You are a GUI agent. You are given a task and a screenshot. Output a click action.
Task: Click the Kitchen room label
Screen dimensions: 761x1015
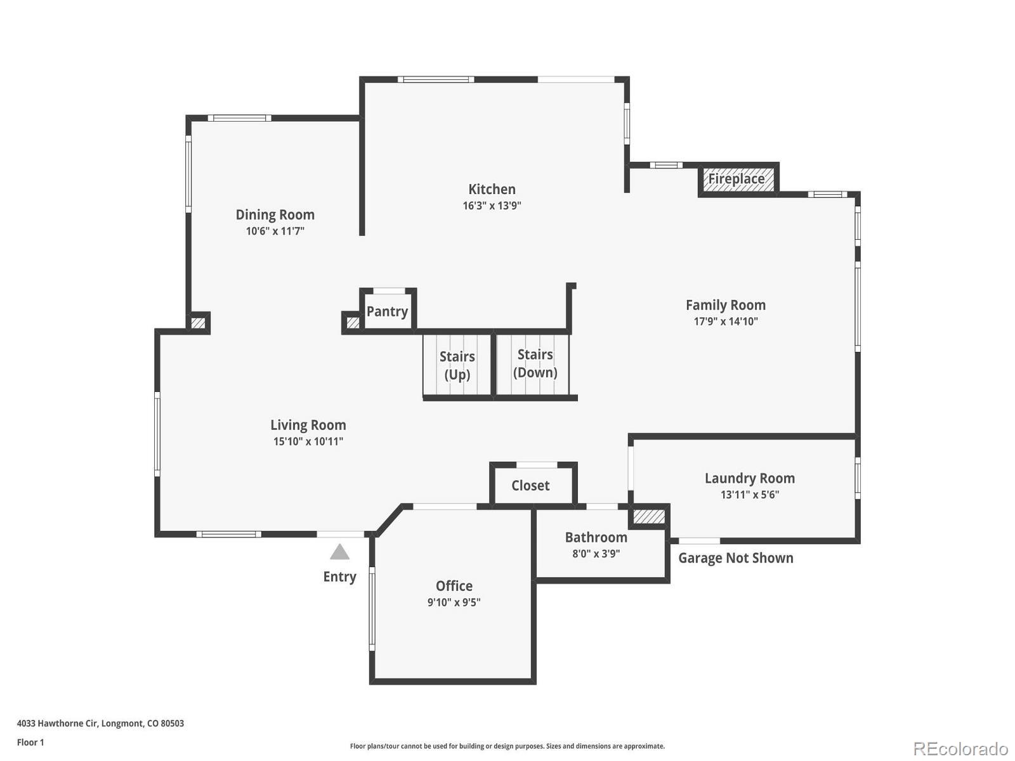click(492, 189)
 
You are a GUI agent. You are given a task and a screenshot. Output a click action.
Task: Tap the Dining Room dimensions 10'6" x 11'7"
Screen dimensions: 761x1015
click(275, 231)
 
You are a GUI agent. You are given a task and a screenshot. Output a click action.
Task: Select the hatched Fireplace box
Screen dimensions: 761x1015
click(738, 179)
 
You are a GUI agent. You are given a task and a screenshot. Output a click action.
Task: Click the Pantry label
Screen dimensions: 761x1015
click(387, 311)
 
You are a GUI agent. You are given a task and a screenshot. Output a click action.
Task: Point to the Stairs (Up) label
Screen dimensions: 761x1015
click(457, 365)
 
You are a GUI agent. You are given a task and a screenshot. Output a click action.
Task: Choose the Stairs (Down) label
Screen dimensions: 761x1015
click(535, 363)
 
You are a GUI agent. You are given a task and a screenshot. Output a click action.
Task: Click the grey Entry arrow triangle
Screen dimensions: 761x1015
click(340, 552)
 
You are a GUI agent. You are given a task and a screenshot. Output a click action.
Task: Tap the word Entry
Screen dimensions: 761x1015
click(339, 576)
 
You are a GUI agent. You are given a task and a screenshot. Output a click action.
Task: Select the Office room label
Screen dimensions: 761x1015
click(454, 586)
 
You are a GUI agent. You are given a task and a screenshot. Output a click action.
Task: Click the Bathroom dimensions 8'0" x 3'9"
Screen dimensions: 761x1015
click(596, 554)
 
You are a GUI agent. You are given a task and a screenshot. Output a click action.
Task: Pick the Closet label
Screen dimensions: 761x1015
click(530, 486)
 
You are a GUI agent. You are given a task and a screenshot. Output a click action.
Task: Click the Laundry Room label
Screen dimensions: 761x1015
click(749, 478)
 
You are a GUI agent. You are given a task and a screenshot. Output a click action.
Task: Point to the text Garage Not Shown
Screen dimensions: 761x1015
click(735, 558)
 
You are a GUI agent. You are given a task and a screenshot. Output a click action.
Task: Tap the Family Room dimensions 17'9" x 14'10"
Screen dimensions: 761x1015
click(726, 322)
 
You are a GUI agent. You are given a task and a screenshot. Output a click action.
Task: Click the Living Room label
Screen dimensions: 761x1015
click(308, 425)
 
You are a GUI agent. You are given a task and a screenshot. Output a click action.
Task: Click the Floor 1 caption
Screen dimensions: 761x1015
click(30, 742)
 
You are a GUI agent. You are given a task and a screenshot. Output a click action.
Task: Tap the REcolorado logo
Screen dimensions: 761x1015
click(961, 749)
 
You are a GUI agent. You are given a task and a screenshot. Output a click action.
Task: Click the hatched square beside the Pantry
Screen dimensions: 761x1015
click(353, 323)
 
